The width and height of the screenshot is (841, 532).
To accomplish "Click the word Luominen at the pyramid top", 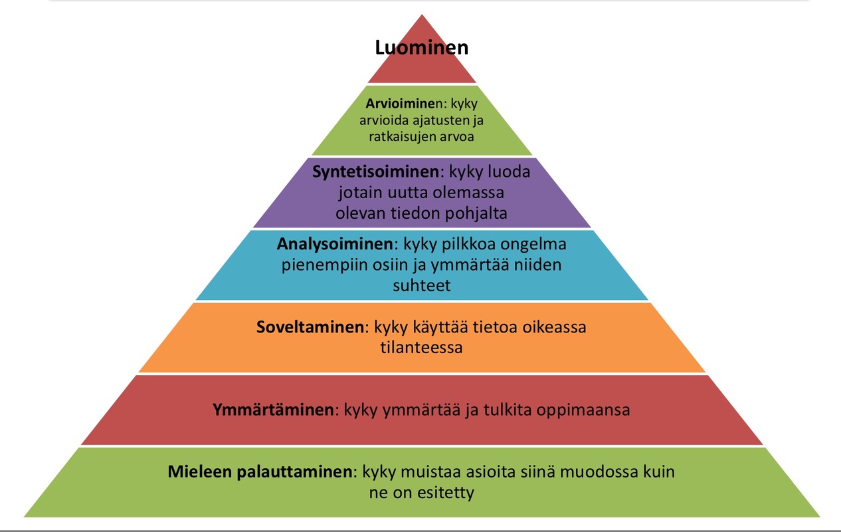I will click(422, 48).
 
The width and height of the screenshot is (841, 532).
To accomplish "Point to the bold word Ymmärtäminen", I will click(272, 410).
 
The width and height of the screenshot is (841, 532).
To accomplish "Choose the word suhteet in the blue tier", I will click(422, 286).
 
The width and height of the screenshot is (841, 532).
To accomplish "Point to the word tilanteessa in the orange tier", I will click(422, 348).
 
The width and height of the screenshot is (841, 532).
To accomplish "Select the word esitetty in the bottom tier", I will click(448, 493).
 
